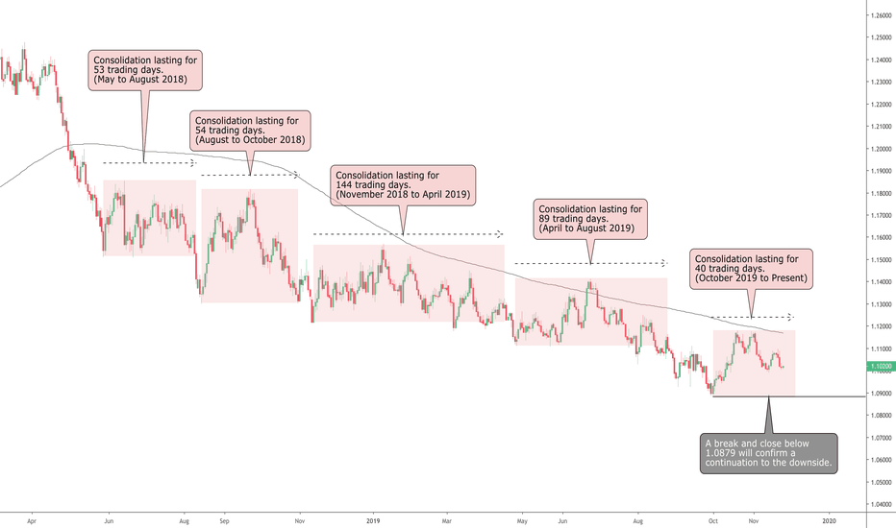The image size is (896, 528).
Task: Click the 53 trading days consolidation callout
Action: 146,70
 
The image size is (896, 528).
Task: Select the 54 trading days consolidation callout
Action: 250,131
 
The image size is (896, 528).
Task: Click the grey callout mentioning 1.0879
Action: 768,452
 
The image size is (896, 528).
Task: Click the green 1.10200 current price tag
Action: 880,366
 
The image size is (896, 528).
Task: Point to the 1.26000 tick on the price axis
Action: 880,15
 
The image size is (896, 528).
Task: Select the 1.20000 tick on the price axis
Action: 880,149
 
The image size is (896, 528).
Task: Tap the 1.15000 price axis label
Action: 880,260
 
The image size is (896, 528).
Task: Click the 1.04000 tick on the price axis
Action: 880,504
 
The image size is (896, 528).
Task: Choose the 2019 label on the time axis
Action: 374,519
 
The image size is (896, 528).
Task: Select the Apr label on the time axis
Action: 32,519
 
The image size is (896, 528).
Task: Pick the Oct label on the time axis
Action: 712,519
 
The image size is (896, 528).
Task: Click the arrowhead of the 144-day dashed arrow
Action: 499,233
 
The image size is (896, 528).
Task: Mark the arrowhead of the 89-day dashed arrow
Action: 663,263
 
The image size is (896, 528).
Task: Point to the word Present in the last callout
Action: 784,278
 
